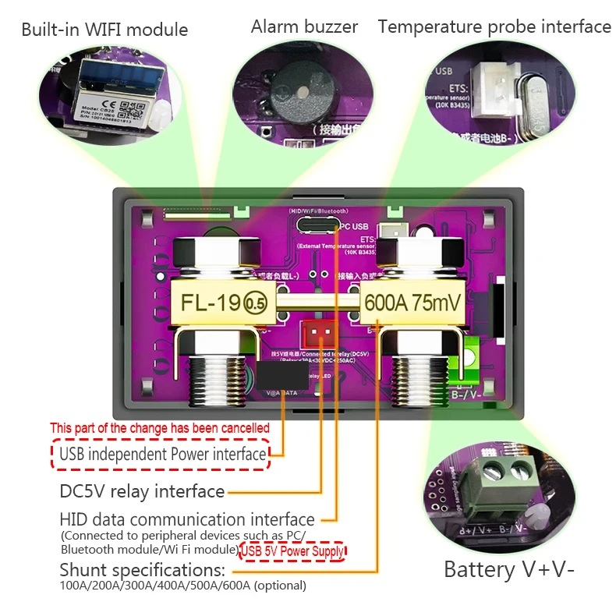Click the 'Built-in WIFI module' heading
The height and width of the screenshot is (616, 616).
click(104, 30)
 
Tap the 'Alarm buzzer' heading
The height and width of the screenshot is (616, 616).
click(304, 27)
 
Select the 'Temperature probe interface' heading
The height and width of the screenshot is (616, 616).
click(494, 27)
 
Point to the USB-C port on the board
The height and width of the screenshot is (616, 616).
click(316, 225)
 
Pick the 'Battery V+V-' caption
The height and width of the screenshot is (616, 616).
click(509, 569)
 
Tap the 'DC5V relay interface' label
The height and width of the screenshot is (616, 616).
click(143, 491)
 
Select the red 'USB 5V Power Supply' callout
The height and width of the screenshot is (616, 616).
click(293, 551)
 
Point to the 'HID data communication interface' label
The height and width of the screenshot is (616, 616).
click(187, 519)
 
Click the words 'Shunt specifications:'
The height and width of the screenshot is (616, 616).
click(143, 569)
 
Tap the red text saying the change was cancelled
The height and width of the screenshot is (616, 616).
click(160, 428)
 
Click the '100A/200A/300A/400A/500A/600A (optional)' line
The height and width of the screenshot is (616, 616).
click(183, 586)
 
